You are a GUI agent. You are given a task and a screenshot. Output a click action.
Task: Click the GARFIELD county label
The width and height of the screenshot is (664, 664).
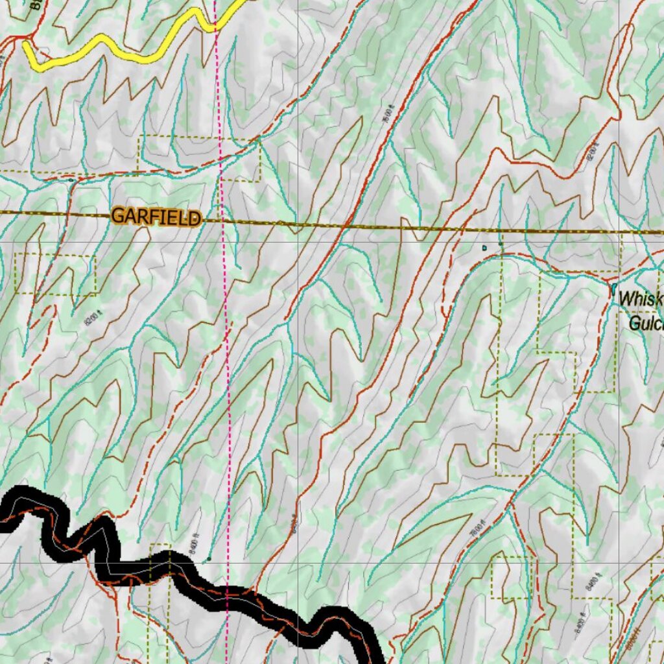point(155,217)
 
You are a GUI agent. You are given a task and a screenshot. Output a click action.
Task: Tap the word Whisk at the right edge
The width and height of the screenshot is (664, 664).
point(641,299)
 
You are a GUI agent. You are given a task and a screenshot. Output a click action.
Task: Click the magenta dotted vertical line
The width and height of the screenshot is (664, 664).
point(224,324)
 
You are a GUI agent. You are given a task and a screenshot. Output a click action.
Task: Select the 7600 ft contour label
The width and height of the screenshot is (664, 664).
point(387,115)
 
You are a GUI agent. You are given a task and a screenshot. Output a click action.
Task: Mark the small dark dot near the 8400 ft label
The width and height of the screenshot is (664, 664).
point(209,558)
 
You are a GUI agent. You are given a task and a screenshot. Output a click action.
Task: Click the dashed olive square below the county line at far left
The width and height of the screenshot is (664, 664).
point(55,274)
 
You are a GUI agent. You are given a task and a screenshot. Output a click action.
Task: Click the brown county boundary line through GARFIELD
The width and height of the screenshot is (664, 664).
point(389,227)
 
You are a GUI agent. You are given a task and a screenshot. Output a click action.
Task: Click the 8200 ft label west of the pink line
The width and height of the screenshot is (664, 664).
point(93,318)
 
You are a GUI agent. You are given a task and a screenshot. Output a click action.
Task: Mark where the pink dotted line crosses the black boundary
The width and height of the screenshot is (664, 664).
point(228,597)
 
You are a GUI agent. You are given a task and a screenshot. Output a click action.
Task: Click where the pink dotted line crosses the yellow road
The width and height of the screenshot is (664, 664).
point(215,26)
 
